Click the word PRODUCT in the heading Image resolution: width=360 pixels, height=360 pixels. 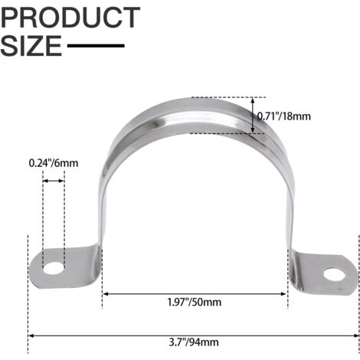tap(70, 18)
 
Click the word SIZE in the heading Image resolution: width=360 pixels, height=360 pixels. tap(31, 46)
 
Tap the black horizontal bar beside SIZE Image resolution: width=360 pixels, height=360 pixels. tap(96, 46)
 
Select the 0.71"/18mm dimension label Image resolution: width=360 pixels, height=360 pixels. tap(283, 116)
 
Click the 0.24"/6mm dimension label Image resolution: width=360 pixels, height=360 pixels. tap(54, 163)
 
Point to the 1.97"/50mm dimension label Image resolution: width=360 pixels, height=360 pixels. tap(195, 303)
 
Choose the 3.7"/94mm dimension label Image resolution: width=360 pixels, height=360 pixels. tap(194, 342)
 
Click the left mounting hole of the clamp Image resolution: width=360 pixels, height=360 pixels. tap(54, 268)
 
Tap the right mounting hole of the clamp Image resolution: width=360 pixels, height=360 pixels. tap(334, 274)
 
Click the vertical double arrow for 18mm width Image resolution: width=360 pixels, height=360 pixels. tap(253, 116)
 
